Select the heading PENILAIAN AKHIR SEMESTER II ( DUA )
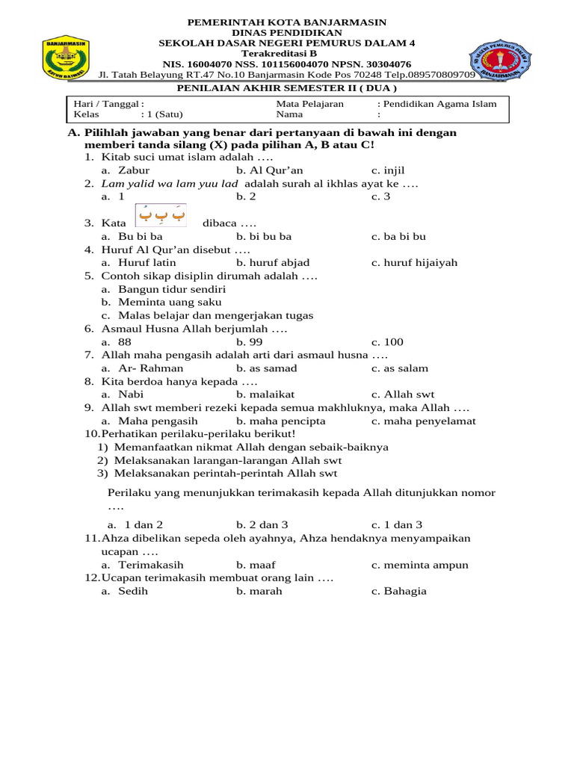pyautogui.click(x=286, y=87)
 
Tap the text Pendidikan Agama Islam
pyautogui.click(x=442, y=104)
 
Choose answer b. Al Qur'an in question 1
pyautogui.click(x=269, y=170)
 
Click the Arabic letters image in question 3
pyautogui.click(x=160, y=215)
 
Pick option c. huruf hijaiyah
pyautogui.click(x=414, y=262)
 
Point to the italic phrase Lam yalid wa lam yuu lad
pyautogui.click(x=170, y=184)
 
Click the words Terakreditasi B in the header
pyautogui.click(x=287, y=54)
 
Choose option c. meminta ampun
pyautogui.click(x=419, y=565)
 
